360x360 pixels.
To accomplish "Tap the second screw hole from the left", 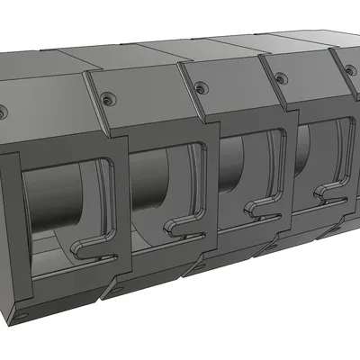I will pos(108,100).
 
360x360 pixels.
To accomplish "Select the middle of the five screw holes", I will pos(199,87).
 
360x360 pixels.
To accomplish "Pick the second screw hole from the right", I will pos(281,76).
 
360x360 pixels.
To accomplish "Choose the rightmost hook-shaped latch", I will pos(324,193).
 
